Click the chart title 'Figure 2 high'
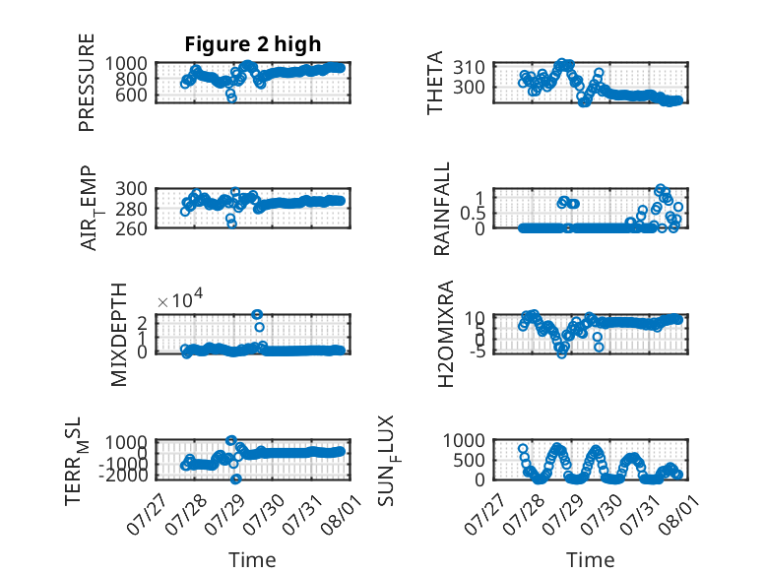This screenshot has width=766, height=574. [x=253, y=44]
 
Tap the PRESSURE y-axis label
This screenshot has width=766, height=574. [x=86, y=83]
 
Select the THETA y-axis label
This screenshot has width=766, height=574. [x=434, y=83]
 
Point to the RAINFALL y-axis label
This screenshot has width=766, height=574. [x=441, y=209]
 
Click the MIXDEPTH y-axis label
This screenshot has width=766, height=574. [x=119, y=335]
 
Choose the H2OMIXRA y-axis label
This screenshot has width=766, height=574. [x=446, y=334]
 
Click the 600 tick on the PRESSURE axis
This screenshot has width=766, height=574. [x=131, y=95]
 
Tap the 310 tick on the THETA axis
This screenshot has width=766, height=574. [x=469, y=67]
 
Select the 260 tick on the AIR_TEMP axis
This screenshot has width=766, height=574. [x=131, y=228]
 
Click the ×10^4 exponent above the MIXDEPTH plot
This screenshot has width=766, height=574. [x=180, y=300]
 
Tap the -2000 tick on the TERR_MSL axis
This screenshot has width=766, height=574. [x=123, y=475]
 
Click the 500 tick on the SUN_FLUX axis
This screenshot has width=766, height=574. [x=469, y=460]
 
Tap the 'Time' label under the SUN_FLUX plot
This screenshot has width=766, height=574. [x=590, y=560]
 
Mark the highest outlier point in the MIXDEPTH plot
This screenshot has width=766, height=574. [x=257, y=314]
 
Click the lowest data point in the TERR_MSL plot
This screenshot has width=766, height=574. [x=236, y=478]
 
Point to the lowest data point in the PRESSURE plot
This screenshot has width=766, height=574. [x=231, y=97]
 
